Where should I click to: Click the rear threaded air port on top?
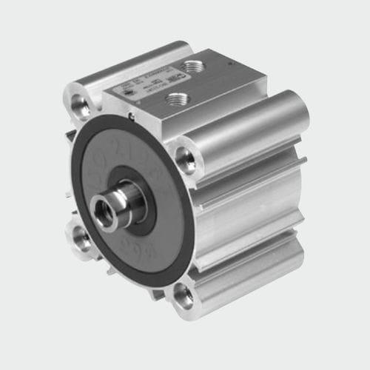(x=195, y=67)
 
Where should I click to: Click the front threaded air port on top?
(x=176, y=98)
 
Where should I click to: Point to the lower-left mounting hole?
(x=81, y=239)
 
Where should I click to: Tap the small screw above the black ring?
(x=130, y=115)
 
